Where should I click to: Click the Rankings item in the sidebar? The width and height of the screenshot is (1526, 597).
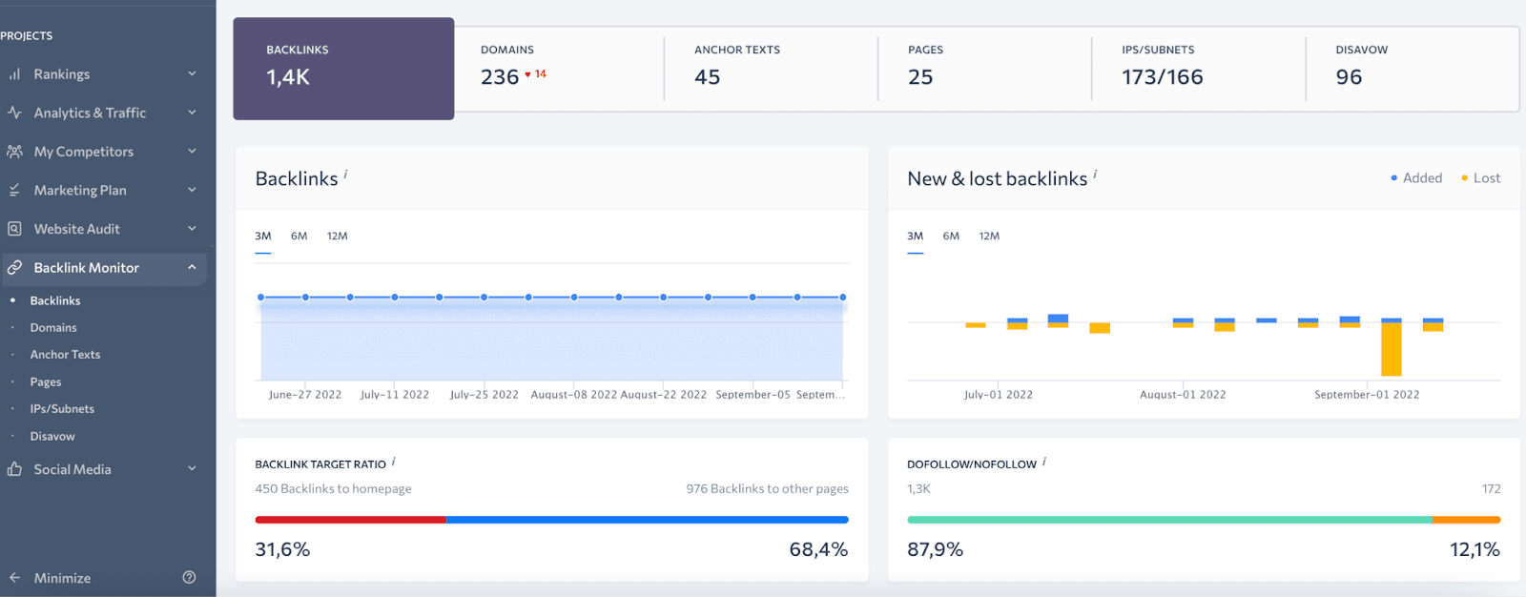click(62, 74)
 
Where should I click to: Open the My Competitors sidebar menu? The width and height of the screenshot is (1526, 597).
click(83, 152)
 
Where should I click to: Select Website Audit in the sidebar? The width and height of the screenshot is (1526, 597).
click(76, 229)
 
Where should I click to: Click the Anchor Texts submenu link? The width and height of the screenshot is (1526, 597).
click(65, 355)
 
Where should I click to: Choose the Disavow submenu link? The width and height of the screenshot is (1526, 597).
click(52, 437)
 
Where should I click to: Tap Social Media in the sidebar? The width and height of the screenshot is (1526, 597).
click(72, 469)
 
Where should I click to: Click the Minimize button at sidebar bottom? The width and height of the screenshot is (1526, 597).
click(62, 578)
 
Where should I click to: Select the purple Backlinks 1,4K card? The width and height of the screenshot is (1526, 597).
click(343, 69)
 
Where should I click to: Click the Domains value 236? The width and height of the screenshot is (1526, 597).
click(500, 77)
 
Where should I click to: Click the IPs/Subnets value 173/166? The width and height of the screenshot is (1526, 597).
click(1162, 77)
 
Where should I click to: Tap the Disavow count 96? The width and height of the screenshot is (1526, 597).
click(1349, 77)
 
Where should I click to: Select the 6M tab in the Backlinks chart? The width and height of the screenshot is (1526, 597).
click(299, 237)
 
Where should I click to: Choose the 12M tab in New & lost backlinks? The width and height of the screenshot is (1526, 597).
click(989, 237)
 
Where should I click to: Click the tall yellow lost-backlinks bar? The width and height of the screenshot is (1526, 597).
click(1392, 349)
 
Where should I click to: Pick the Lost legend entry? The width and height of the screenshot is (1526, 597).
click(1485, 178)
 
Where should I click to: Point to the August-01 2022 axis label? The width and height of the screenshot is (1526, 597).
click(1183, 395)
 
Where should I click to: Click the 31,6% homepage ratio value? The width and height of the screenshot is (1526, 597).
click(282, 550)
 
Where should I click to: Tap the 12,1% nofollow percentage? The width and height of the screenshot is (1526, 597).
click(1474, 550)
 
